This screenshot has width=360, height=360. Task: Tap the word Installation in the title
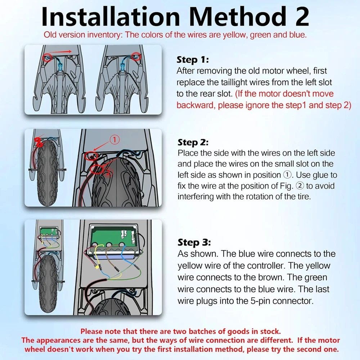coord(111,17)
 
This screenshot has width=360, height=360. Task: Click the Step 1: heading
coord(193,60)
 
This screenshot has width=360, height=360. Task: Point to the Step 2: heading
coord(193,142)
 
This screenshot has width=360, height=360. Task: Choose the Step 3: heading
coord(194,242)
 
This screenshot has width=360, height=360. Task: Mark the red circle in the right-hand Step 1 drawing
coord(136,56)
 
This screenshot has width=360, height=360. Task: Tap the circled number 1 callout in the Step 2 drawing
coord(114,140)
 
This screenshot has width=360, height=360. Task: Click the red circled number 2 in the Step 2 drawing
coord(108,172)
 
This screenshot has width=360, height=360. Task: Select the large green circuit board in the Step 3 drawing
coord(114,239)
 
